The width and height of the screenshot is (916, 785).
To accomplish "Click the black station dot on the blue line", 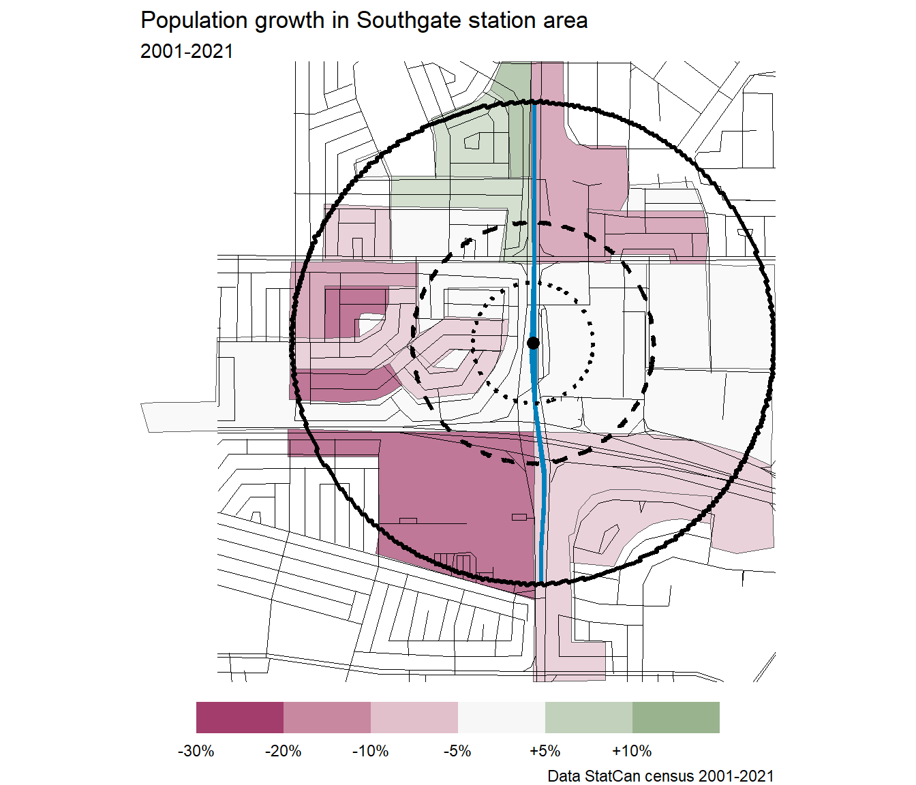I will pyautogui.click(x=534, y=343).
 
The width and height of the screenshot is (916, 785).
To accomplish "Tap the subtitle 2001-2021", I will pyautogui.click(x=187, y=51).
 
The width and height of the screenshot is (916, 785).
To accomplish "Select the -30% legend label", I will pyautogui.click(x=196, y=751).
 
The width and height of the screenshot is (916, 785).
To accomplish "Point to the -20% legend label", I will pyautogui.click(x=283, y=751).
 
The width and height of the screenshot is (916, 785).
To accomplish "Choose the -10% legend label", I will pyautogui.click(x=370, y=751).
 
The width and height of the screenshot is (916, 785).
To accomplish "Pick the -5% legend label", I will pyautogui.click(x=457, y=751).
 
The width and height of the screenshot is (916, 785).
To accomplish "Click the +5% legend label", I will pyautogui.click(x=545, y=751).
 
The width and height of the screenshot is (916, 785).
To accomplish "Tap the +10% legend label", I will pyautogui.click(x=632, y=751).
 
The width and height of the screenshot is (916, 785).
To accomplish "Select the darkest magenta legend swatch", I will pyautogui.click(x=240, y=718).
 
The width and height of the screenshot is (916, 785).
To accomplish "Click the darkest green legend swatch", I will pyautogui.click(x=675, y=718).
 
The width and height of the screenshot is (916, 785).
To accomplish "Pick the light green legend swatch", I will pyautogui.click(x=588, y=718).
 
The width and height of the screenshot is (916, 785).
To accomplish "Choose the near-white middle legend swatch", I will pyautogui.click(x=501, y=718).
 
